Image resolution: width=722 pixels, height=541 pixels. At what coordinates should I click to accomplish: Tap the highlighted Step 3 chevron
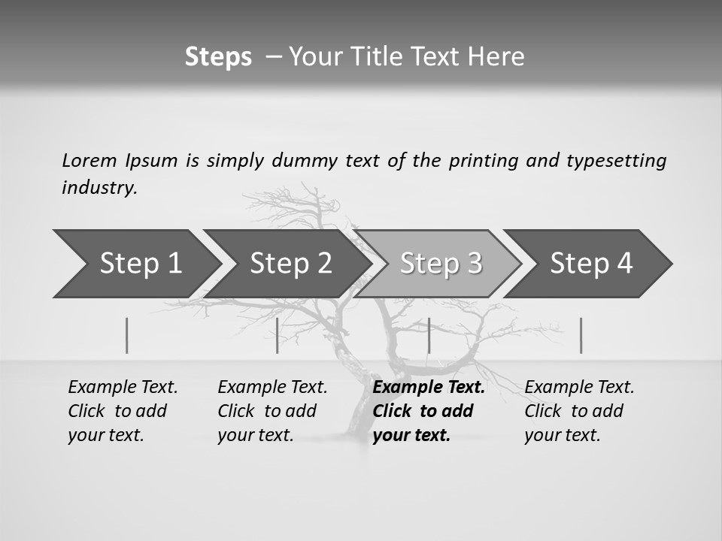pyautogui.click(x=441, y=264)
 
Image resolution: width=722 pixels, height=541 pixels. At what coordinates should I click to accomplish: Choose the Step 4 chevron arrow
pyautogui.click(x=591, y=264)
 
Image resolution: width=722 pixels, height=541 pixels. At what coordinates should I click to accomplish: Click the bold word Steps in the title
pyautogui.click(x=218, y=57)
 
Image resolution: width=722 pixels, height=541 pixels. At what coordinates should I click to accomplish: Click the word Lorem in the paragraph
pyautogui.click(x=89, y=160)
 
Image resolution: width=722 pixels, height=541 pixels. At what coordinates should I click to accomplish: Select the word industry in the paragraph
pyautogui.click(x=99, y=188)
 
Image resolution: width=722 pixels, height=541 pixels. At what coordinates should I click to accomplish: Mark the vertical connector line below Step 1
pyautogui.click(x=126, y=335)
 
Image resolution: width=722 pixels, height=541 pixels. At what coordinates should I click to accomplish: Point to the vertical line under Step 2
pyautogui.click(x=278, y=335)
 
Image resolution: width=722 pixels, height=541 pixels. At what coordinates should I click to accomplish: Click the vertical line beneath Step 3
pyautogui.click(x=429, y=335)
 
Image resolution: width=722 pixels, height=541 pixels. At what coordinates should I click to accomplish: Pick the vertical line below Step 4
pyautogui.click(x=581, y=335)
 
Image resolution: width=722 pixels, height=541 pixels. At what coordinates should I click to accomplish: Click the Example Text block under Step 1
pyautogui.click(x=123, y=411)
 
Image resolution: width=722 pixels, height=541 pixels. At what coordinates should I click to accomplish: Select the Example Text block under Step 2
pyautogui.click(x=272, y=411)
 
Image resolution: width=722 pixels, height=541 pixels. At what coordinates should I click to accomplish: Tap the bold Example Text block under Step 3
pyautogui.click(x=429, y=411)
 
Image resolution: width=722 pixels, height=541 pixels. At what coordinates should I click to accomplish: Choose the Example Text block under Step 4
pyautogui.click(x=579, y=411)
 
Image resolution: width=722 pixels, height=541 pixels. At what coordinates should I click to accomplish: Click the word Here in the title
pyautogui.click(x=497, y=57)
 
